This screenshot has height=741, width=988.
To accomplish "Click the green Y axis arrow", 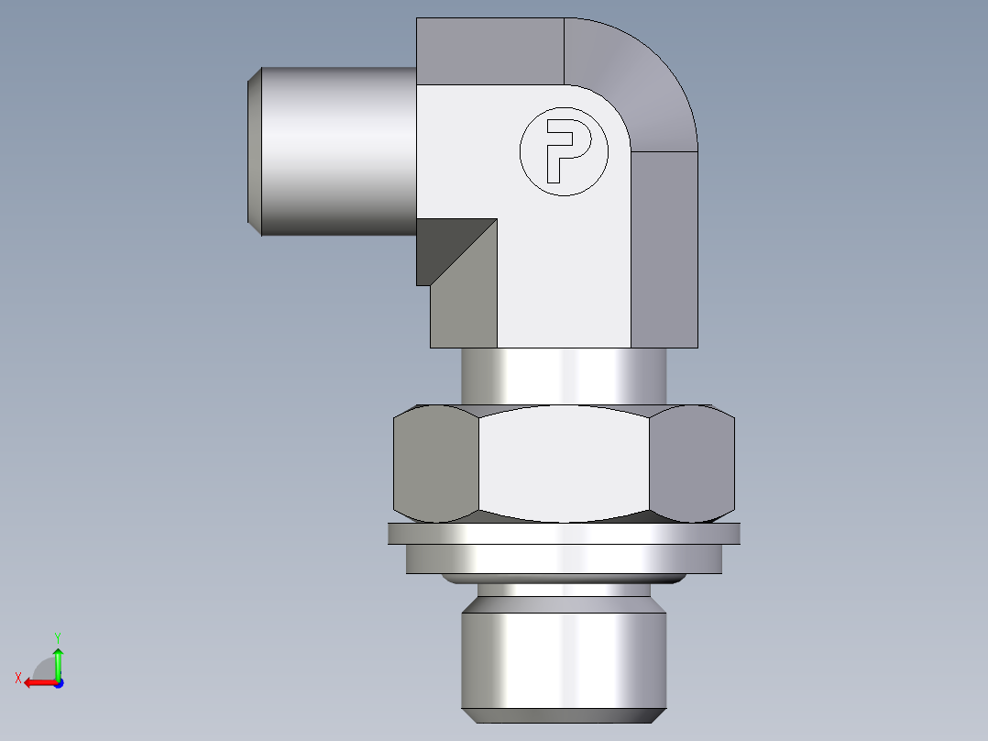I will pyautogui.click(x=58, y=660).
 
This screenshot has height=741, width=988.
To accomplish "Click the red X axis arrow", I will pyautogui.click(x=37, y=682).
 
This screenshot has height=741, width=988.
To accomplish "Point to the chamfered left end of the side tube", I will pyautogui.click(x=255, y=151).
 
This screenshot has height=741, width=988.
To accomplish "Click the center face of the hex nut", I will pyautogui.click(x=564, y=463).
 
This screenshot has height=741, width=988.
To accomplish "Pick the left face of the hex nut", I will pyautogui.click(x=435, y=463).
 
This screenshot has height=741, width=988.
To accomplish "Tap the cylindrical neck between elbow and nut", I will pyautogui.click(x=564, y=376).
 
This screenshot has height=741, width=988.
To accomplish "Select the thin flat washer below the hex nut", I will pyautogui.click(x=564, y=533).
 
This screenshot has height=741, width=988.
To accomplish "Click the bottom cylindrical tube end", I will pyautogui.click(x=563, y=656).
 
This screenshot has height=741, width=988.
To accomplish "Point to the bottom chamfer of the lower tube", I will pyautogui.click(x=563, y=715).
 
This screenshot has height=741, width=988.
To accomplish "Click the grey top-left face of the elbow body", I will pyautogui.click(x=489, y=50).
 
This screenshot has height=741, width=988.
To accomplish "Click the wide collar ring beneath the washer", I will pyautogui.click(x=564, y=559).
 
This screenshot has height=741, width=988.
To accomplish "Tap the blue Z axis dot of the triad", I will pyautogui.click(x=58, y=683).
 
